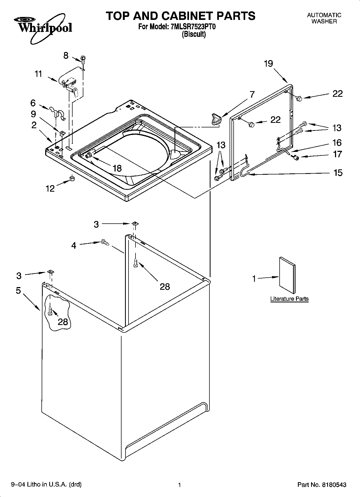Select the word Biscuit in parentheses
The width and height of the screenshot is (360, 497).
194,34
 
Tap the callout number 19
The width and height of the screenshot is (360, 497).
268,64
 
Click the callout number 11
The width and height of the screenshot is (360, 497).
38,74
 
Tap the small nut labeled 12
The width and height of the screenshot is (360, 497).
72,178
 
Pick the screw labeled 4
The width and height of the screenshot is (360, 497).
104,242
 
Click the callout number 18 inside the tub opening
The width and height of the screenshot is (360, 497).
117,169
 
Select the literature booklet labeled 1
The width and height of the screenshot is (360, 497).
287,275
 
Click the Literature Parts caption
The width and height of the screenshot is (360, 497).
289,299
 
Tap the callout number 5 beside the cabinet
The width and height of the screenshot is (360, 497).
18,291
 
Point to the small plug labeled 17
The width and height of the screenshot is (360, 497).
296,158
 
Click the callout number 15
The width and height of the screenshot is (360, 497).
338,173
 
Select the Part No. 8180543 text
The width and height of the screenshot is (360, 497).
322,485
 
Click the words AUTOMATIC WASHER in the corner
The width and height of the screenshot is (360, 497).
324,18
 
